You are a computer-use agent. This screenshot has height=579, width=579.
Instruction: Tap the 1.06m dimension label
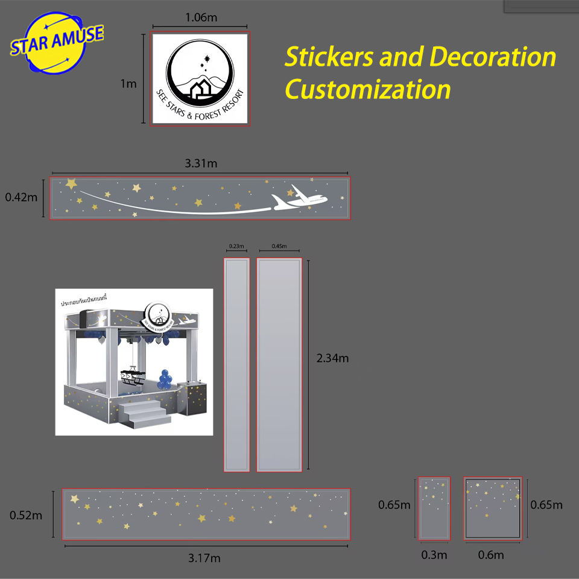(201, 17)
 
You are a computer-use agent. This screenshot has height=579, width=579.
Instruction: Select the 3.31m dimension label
(201, 163)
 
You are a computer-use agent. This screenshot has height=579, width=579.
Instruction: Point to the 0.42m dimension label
(21, 197)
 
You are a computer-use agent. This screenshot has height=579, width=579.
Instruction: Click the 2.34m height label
(332, 358)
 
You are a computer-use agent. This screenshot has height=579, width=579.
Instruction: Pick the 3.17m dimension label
(204, 558)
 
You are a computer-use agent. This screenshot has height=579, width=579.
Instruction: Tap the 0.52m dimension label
(26, 515)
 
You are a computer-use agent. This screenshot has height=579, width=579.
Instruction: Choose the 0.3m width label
(434, 555)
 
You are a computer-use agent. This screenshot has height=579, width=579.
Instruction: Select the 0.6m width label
(491, 555)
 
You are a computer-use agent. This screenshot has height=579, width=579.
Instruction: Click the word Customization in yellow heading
(368, 90)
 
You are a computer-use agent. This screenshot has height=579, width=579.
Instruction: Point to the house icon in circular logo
(201, 90)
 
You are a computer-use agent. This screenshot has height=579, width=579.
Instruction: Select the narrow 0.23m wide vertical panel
(236, 364)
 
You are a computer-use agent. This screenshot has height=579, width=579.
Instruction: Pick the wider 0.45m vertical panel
(279, 364)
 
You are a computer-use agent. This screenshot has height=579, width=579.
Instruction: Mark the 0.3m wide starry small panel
(434, 508)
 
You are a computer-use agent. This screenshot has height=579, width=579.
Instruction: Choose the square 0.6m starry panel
(492, 508)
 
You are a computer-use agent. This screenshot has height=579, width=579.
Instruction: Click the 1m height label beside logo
(128, 84)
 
